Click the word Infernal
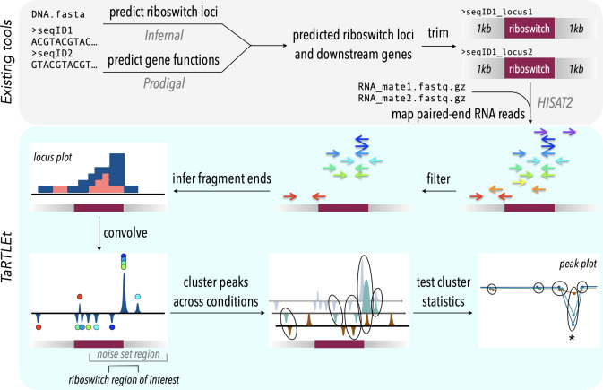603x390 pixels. click(164, 36)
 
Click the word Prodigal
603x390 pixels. click(164, 83)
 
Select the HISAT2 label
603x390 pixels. click(555, 103)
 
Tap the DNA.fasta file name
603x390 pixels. click(58, 14)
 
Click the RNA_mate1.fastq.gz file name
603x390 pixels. click(411, 87)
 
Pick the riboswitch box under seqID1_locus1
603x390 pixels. click(530, 29)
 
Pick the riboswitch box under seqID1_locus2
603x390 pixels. click(530, 68)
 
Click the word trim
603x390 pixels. click(438, 33)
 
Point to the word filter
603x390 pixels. click(438, 178)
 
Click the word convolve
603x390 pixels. click(125, 233)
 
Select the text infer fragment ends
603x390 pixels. click(221, 178)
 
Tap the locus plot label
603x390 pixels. click(53, 157)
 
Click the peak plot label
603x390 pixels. click(578, 264)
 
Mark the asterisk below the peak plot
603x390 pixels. click(572, 338)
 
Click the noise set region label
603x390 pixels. click(128, 354)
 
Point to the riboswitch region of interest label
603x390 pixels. click(124, 380)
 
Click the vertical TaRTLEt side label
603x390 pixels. click(6, 257)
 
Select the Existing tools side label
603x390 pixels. click(6, 62)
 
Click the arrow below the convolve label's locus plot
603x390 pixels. click(99, 234)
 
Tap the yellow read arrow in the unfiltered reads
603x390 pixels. click(519, 182)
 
